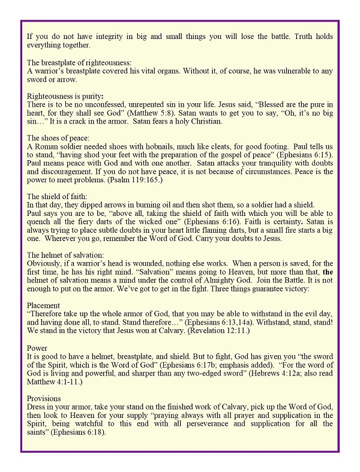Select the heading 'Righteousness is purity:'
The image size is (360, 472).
pos(65,96)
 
